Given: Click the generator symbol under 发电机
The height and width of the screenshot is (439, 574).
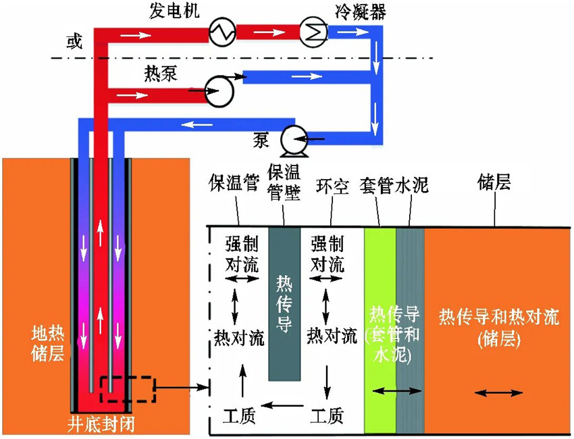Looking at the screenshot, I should coord(221,32).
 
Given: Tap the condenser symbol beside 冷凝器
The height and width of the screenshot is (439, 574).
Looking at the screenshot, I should coord(314,31).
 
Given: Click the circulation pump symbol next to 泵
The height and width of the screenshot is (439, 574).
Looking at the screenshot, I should coord(294,140).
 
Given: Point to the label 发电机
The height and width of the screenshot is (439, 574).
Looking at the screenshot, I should coord(174,10).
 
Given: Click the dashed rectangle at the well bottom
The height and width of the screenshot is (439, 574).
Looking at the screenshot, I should coord(128,389).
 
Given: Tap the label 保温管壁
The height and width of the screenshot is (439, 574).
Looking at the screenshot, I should coord(284,176).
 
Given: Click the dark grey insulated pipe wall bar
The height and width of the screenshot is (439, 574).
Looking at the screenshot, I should coord(284,304).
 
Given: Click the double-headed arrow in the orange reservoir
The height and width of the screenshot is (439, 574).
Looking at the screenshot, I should coord(500,392).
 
